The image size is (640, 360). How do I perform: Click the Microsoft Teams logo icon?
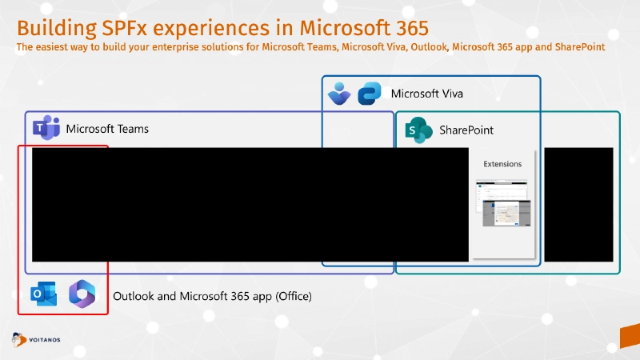(x=46, y=128)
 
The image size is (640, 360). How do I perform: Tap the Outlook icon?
(x=43, y=295)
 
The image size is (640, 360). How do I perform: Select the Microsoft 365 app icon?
(x=82, y=294)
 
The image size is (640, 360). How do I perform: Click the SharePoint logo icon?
(x=417, y=130)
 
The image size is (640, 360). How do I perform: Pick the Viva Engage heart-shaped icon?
(x=339, y=94)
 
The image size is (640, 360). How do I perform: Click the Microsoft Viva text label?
(x=426, y=94)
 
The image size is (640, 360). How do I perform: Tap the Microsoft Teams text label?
(x=107, y=129)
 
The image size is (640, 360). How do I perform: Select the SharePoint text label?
(x=466, y=130)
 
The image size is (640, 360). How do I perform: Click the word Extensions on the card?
(x=502, y=164)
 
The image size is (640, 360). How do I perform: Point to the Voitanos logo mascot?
(x=18, y=339)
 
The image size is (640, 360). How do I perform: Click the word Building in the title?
(x=55, y=28)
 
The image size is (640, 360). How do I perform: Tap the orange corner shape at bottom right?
(x=630, y=337)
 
